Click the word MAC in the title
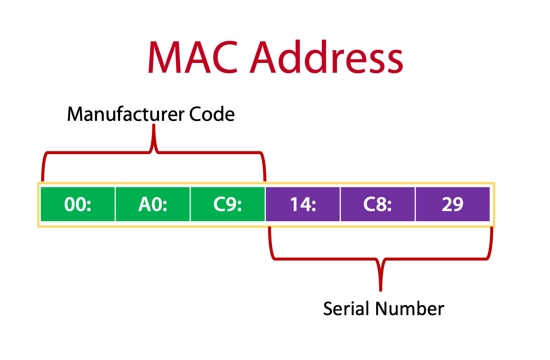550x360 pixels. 193,57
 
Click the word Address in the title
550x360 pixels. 327,57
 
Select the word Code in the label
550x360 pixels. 212,114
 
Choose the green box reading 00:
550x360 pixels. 78,204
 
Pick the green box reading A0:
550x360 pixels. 153,204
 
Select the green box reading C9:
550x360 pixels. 228,204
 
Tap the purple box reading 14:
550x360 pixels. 303,204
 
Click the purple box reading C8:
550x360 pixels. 378,204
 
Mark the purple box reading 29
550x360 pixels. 452,204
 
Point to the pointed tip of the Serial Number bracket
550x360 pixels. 381,290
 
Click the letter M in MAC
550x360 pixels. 165,57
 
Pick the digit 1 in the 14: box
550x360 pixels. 294,204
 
